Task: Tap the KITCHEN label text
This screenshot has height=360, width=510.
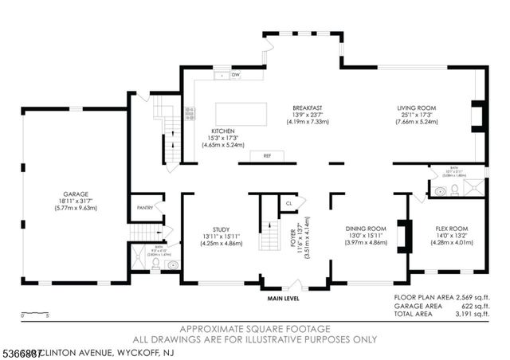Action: click(222, 131)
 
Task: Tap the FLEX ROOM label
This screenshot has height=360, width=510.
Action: click(451, 227)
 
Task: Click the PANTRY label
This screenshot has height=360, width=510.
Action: click(144, 208)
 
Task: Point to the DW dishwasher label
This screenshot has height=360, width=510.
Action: click(236, 75)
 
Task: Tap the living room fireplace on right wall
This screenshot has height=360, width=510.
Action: click(476, 116)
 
